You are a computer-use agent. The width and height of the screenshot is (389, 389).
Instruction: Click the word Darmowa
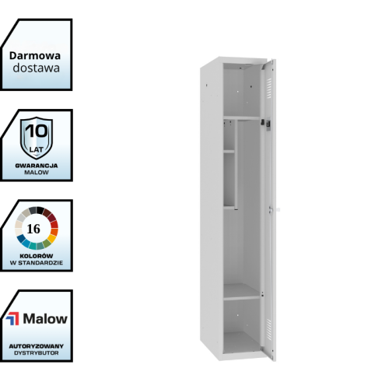(x=35, y=56)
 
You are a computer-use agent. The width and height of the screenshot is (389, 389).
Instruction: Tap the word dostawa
(x=37, y=68)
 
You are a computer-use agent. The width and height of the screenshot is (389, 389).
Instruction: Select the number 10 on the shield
(x=37, y=131)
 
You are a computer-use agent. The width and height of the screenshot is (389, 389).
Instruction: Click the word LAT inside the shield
(x=37, y=149)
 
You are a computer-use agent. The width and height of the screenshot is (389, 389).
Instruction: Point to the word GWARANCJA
(x=37, y=166)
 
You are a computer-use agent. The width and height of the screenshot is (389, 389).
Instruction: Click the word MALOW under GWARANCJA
(x=37, y=173)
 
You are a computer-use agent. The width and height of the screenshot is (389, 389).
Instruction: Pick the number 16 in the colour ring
(x=33, y=229)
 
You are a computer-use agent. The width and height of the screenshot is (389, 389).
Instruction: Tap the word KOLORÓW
(x=37, y=256)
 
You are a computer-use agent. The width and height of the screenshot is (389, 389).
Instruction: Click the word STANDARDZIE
(x=44, y=263)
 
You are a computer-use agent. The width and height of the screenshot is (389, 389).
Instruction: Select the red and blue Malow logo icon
(x=12, y=319)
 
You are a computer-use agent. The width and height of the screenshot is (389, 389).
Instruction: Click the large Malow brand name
(x=45, y=319)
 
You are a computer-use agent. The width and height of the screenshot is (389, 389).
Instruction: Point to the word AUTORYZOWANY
(x=37, y=346)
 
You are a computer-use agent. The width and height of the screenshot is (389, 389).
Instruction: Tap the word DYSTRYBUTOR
(x=37, y=353)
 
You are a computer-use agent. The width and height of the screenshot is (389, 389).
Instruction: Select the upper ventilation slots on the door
(x=269, y=88)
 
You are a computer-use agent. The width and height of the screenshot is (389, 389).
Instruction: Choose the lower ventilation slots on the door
(x=269, y=329)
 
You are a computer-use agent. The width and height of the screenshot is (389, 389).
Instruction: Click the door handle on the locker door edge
(x=272, y=209)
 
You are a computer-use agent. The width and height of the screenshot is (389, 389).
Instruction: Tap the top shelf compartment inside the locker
(x=242, y=91)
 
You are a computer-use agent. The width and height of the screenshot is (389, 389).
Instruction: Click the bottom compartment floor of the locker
(x=241, y=342)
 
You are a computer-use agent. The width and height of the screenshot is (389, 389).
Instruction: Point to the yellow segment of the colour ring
(x=52, y=238)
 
